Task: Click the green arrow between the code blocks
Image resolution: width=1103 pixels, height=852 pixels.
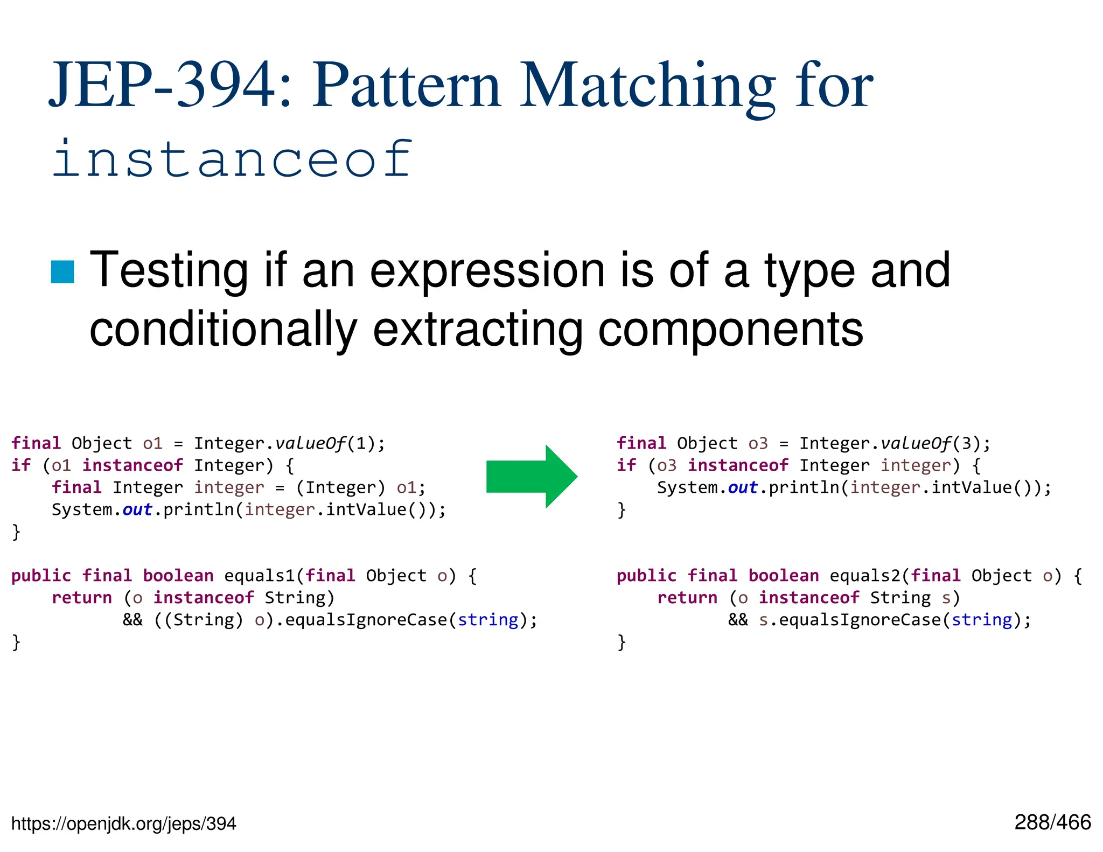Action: pos(530,477)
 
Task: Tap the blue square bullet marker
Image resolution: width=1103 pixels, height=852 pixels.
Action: pos(62,271)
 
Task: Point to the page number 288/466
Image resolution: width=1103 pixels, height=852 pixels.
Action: pos(1052,822)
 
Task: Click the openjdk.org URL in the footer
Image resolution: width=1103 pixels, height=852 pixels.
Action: pos(123,823)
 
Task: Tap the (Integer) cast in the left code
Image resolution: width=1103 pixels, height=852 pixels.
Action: pos(340,487)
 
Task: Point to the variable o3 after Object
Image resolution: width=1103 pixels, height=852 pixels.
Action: pos(758,443)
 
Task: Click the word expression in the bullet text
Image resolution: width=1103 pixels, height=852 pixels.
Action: pos(487,270)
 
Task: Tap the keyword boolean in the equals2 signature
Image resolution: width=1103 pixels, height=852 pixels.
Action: pos(784,576)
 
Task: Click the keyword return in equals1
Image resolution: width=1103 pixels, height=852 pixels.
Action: pos(82,598)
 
